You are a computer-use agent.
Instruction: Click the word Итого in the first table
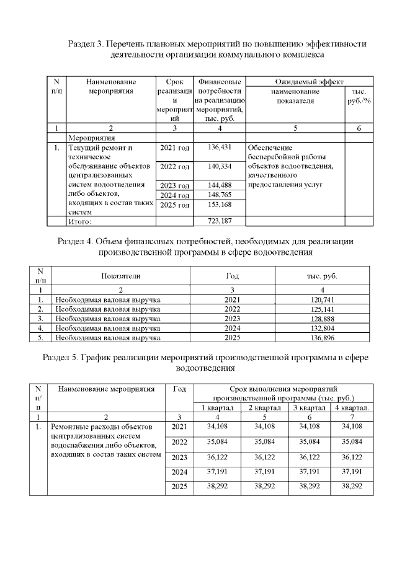tap(79, 221)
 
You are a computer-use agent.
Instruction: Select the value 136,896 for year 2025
tap(321, 338)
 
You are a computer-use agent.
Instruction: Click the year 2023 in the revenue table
tap(230, 318)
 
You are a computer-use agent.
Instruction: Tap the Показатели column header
tap(121, 276)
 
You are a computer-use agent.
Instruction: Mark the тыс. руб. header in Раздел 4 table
tap(321, 276)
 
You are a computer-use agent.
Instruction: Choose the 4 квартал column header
tap(352, 407)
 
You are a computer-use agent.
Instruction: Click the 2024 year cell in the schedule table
tap(179, 472)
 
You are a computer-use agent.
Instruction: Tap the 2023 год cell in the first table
tap(175, 185)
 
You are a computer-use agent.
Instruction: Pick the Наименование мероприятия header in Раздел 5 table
tap(106, 389)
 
